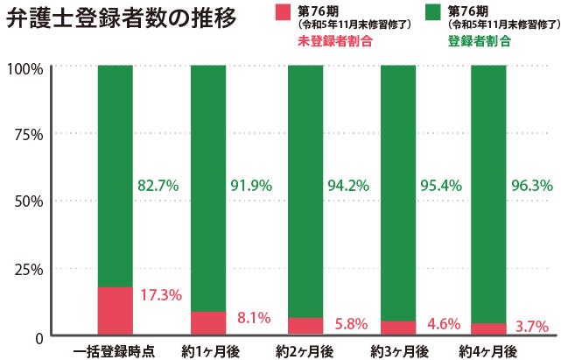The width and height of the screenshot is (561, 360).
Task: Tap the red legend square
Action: click(282, 12)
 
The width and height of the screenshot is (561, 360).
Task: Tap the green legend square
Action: click(432, 12)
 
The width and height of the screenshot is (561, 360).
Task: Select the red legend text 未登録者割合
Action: click(328, 41)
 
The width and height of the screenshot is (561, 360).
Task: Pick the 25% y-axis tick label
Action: click(28, 270)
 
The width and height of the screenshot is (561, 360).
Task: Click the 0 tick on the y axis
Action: click(39, 337)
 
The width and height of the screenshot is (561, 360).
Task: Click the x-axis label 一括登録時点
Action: click(115, 351)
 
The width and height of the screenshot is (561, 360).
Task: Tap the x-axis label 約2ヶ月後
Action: click(305, 351)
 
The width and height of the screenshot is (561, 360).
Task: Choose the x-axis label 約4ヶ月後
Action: click(488, 351)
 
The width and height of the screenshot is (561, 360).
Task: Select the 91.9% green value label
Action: click(251, 186)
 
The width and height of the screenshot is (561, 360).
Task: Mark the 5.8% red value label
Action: click(351, 324)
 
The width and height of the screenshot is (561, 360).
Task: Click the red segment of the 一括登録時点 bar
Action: click(115, 311)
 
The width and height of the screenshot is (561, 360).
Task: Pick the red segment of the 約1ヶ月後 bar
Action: click(208, 323)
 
